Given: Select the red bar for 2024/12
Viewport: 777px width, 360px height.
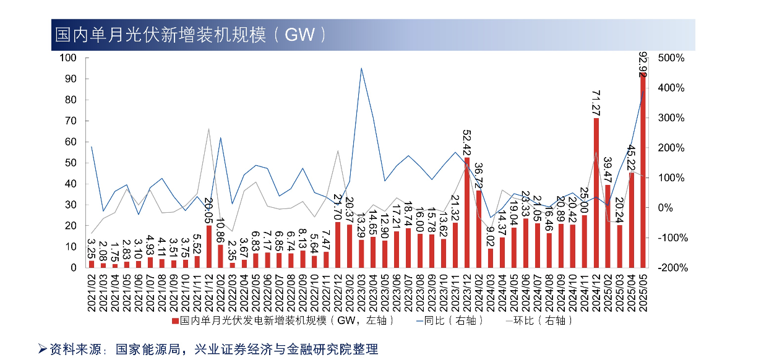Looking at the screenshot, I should (x=596, y=192).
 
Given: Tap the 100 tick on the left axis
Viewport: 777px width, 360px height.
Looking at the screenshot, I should (x=67, y=58).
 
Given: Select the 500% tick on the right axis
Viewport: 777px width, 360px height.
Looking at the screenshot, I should (x=671, y=58).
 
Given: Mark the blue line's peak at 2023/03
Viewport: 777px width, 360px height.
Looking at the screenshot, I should (x=361, y=68).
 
